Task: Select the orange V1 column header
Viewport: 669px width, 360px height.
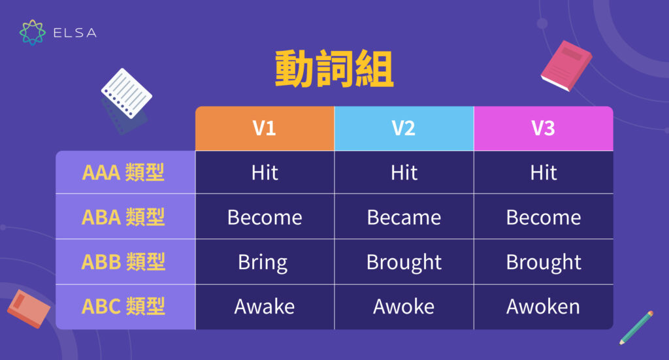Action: (265, 128)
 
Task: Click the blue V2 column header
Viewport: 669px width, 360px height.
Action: (404, 128)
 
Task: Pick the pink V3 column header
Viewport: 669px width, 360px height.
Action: (543, 128)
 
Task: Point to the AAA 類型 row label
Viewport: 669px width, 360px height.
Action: (123, 172)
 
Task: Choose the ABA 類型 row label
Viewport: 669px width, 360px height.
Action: (123, 217)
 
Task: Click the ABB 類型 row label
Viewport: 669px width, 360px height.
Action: (123, 261)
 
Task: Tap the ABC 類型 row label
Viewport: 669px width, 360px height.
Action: (123, 306)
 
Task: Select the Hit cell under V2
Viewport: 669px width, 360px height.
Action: (404, 172)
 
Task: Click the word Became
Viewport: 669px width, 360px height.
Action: (404, 217)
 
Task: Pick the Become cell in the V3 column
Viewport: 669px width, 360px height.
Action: (543, 217)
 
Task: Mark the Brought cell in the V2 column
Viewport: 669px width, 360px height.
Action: (404, 262)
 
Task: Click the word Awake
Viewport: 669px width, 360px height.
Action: (265, 306)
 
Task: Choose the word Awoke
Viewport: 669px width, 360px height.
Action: (404, 306)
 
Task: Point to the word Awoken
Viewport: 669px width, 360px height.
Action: (543, 306)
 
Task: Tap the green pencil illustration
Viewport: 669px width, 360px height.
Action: (636, 327)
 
